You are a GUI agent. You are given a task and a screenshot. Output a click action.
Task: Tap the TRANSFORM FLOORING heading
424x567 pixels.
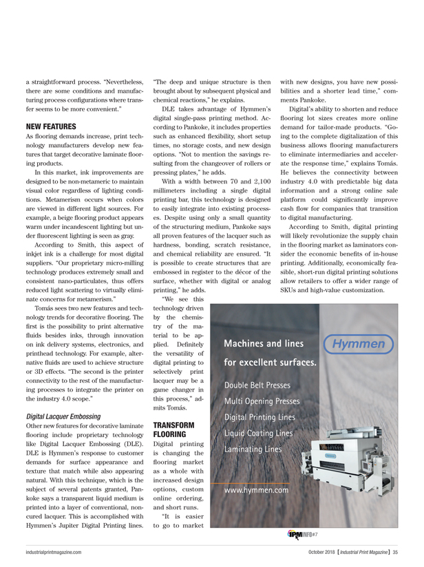click(171, 430)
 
